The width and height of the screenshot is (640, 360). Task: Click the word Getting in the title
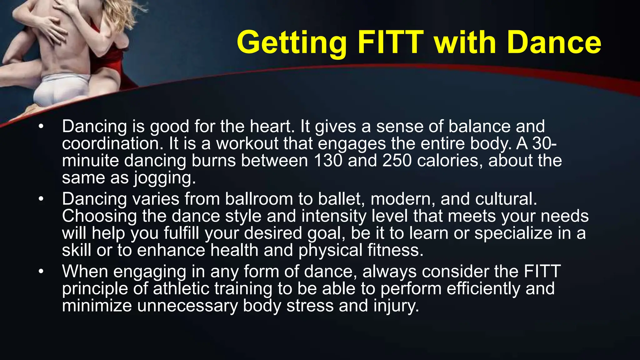click(291, 43)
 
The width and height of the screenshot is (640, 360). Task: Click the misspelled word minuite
click(90, 161)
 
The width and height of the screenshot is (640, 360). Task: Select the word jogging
click(165, 178)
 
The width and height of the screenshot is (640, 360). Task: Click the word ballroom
click(259, 199)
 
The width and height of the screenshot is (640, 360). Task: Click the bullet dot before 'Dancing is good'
click(41, 127)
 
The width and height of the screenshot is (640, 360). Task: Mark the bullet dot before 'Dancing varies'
click(41, 199)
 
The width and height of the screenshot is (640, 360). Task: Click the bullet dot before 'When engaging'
click(41, 272)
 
